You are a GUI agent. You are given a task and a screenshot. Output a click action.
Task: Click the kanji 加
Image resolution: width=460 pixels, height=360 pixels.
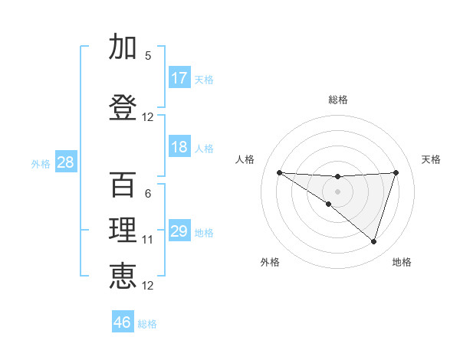[123, 48]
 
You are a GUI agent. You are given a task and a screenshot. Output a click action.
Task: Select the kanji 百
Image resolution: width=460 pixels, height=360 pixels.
[123, 185]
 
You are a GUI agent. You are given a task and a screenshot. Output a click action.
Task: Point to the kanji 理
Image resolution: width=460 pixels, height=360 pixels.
[123, 231]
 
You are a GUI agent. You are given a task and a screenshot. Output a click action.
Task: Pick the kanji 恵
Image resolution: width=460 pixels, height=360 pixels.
[123, 276]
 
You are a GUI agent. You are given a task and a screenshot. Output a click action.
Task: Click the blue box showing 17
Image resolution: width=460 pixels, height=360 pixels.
[179, 78]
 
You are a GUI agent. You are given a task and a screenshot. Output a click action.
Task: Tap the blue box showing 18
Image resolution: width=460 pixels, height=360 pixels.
[179, 147]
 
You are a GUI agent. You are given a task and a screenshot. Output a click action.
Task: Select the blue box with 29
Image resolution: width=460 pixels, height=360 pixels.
[179, 231]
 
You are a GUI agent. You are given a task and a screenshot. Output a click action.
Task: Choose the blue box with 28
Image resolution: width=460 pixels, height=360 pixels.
[65, 162]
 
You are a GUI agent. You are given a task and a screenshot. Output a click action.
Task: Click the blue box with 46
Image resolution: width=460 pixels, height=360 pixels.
[123, 322]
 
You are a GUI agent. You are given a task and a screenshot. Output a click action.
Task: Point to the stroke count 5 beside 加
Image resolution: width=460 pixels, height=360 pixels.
[148, 55]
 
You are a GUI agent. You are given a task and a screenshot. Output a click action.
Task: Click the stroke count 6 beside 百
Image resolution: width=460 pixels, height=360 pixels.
[148, 194]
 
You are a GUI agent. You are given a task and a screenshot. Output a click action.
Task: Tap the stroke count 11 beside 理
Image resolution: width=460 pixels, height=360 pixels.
[148, 240]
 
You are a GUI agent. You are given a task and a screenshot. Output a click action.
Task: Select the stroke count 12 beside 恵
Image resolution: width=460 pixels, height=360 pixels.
[148, 286]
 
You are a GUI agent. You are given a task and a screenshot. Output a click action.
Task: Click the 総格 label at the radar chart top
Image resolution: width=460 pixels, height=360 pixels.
[337, 100]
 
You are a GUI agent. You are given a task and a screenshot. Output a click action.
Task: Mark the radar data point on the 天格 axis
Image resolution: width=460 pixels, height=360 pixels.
[396, 172]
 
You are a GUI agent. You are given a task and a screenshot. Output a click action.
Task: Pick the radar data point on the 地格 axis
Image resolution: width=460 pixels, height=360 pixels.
[373, 241]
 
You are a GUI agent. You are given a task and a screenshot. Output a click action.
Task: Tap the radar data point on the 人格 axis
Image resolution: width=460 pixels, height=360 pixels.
[279, 172]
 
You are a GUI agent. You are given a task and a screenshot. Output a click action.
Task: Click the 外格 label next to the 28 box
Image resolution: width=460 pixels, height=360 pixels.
[41, 163]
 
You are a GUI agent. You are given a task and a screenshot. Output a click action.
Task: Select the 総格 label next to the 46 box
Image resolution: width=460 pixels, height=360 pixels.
[147, 323]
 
